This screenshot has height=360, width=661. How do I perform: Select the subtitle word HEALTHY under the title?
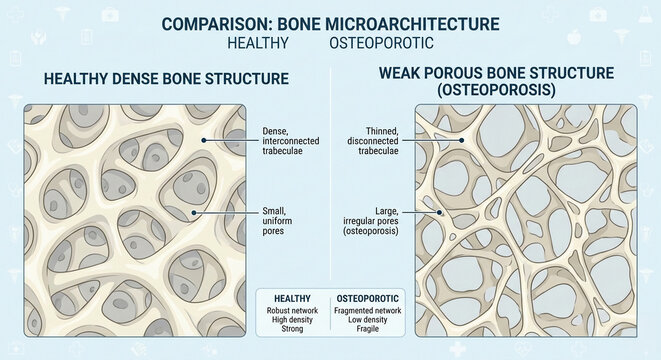point(258,44)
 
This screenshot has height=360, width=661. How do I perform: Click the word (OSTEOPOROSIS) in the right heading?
point(497,91)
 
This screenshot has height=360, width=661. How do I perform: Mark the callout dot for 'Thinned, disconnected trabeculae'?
point(461,140)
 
